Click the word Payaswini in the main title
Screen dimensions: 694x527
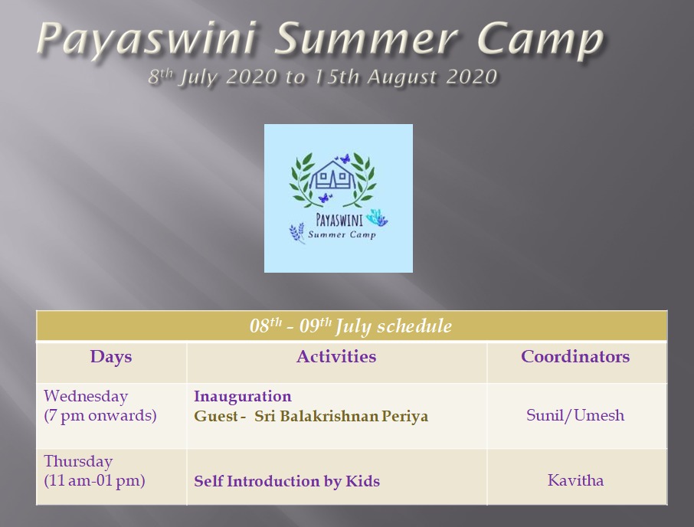point(147,39)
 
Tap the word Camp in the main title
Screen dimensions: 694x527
point(541,39)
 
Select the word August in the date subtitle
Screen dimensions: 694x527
point(402,77)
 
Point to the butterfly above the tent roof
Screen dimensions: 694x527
point(342,159)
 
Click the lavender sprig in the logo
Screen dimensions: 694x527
point(297,233)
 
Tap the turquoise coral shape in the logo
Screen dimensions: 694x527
point(377,218)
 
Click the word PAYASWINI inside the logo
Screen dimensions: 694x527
point(339,220)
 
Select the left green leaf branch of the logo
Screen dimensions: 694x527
point(305,179)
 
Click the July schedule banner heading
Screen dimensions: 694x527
point(351,326)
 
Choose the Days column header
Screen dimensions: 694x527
point(111,357)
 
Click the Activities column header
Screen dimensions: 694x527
point(336,356)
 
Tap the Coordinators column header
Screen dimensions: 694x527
point(575,356)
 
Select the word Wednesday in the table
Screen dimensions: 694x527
point(86,396)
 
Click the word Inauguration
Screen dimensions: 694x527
point(243,396)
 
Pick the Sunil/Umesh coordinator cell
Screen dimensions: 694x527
point(575,415)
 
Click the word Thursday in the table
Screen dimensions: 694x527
point(78,461)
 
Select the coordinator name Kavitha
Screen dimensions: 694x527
point(575,480)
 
